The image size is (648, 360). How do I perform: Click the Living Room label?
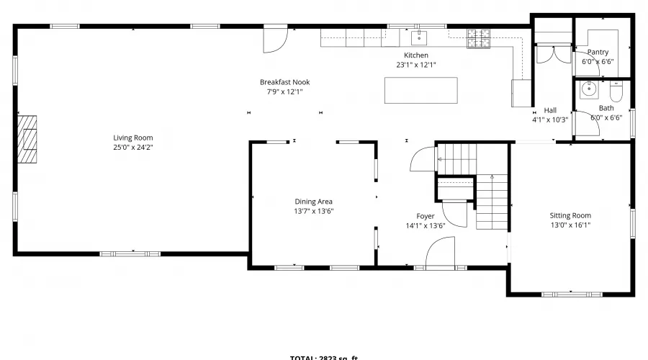(x=132, y=138)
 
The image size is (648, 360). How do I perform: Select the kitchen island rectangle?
(x=421, y=90)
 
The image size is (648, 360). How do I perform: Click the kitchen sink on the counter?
(x=419, y=37)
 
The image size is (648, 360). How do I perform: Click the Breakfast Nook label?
(x=284, y=82)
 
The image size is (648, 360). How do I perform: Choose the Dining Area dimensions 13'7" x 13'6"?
(x=314, y=211)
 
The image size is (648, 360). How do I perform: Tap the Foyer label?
(x=426, y=216)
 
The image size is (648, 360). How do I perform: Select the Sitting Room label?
(x=570, y=215)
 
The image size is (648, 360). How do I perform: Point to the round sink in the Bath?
(x=589, y=89)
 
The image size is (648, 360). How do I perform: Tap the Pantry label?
(x=598, y=52)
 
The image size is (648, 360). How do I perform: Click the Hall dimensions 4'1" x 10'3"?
(x=550, y=120)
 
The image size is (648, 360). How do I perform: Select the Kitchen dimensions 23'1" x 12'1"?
(x=416, y=65)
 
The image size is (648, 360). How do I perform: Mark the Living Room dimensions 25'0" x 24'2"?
(x=132, y=147)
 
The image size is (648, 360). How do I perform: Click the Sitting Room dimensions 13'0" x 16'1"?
(x=570, y=225)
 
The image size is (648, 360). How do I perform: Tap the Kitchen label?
(x=416, y=55)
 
